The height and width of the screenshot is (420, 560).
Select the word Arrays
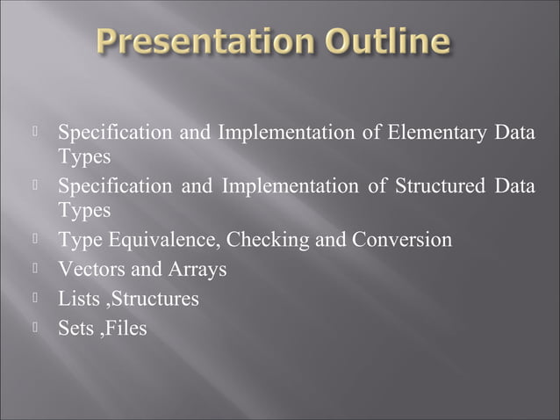pos(197,269)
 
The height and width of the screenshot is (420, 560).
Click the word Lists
pos(78,299)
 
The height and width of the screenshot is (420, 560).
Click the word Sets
pos(76,329)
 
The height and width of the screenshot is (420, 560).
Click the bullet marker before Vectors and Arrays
pos(37,267)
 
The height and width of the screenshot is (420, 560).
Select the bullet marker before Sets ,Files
pos(37,327)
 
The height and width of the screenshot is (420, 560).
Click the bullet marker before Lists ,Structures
pos(37,297)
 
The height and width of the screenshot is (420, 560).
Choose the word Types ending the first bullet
pos(84,157)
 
